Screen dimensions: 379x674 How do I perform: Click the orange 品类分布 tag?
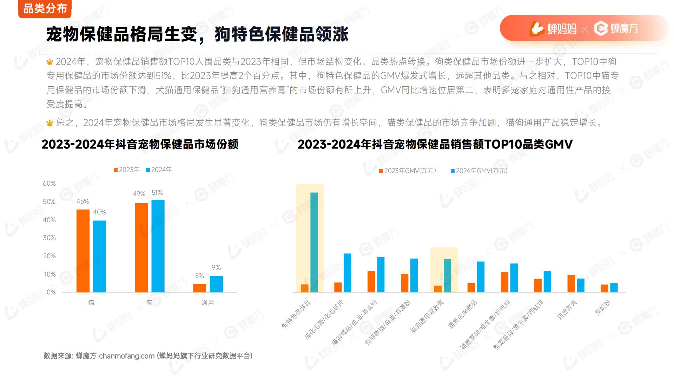(45, 9)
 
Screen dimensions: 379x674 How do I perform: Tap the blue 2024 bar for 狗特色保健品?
(314, 242)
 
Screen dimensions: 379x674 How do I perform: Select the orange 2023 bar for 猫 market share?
(83, 251)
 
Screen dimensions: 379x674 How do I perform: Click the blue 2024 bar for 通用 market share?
(216, 284)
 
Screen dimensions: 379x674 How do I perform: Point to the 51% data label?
(157, 193)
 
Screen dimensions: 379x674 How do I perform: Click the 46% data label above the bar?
(83, 201)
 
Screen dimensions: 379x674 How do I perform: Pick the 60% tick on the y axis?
(49, 184)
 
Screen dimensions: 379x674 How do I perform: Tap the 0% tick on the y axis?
(51, 292)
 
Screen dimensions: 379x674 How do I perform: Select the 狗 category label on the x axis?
(150, 302)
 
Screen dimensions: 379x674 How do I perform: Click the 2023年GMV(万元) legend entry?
(408, 171)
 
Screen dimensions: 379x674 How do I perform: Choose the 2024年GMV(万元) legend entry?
(479, 171)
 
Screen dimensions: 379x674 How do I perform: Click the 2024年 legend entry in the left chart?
(159, 170)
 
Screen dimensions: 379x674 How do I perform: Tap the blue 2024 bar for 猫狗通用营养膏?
(448, 275)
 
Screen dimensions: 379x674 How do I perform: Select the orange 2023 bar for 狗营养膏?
(571, 284)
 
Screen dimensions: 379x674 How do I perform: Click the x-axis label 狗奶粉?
(602, 308)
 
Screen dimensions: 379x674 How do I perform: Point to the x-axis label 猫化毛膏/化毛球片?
(324, 320)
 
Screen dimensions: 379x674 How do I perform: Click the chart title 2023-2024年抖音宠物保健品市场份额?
(140, 144)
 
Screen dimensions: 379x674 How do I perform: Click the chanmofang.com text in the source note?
(127, 356)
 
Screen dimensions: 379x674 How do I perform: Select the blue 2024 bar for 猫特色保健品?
(481, 277)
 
